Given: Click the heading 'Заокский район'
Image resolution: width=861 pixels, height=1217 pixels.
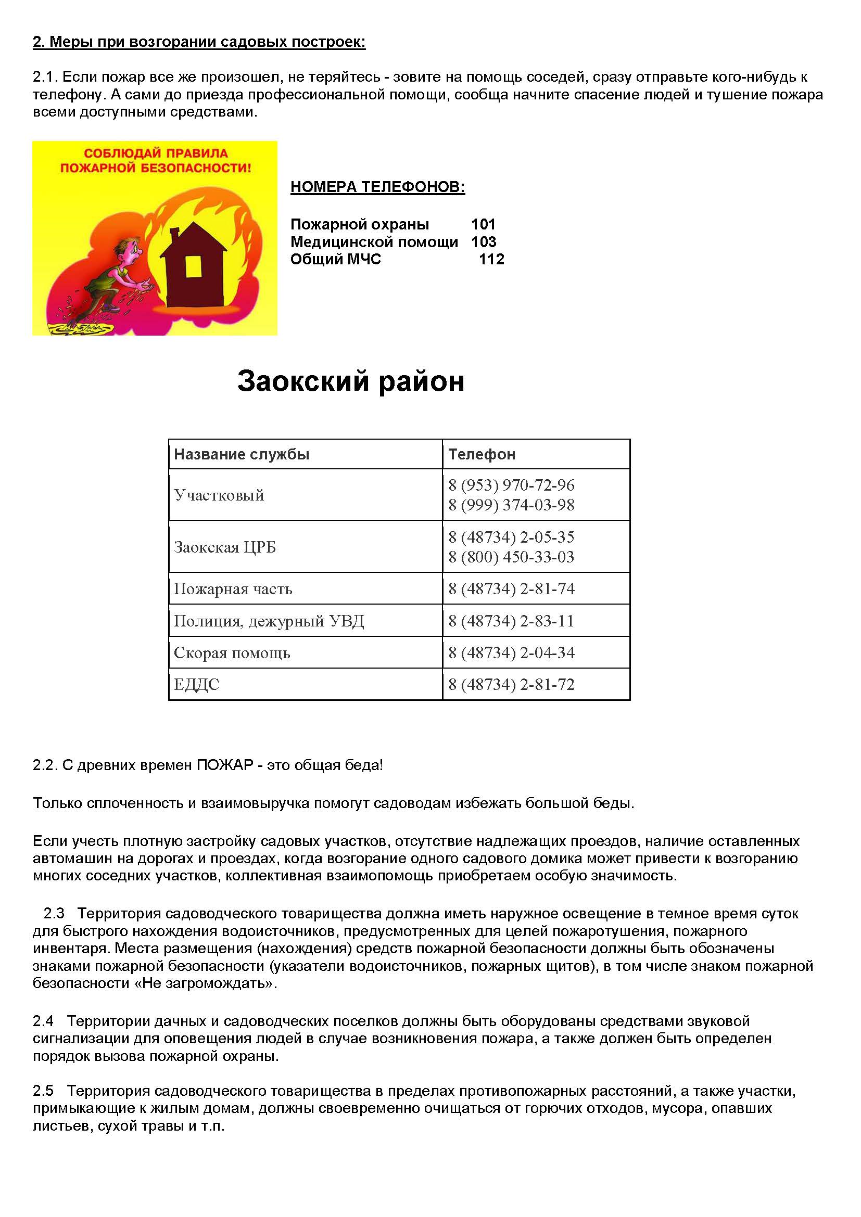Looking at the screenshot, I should [350, 381].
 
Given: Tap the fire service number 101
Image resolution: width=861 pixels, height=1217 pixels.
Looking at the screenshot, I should [483, 224].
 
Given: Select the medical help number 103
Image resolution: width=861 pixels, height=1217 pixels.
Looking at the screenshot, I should [484, 242].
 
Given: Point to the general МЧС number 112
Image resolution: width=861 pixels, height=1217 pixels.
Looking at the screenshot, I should [491, 259].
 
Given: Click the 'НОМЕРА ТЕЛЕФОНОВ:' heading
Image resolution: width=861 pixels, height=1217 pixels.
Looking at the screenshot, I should [377, 187].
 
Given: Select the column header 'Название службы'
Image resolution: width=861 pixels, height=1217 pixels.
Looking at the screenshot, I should [242, 454].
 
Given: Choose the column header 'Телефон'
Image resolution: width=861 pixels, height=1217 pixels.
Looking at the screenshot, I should [482, 454].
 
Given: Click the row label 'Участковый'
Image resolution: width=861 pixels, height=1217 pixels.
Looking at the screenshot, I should [219, 495].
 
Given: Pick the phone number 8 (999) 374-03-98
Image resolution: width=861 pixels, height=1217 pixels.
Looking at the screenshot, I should [511, 505].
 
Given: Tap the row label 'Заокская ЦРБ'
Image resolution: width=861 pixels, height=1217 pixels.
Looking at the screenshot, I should [225, 547].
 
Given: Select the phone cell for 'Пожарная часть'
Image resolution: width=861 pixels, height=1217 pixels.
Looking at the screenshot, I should [511, 589].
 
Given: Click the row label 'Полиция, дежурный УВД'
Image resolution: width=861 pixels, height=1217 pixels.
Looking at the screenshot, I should [269, 621].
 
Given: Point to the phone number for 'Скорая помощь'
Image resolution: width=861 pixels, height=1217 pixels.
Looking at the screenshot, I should [511, 652].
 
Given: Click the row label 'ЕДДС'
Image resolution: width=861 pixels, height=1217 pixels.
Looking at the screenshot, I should [196, 684].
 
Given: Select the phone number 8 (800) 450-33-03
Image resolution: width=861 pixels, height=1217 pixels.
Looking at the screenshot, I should [511, 557].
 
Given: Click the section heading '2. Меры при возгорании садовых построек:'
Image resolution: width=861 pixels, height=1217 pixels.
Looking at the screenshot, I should [199, 42].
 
